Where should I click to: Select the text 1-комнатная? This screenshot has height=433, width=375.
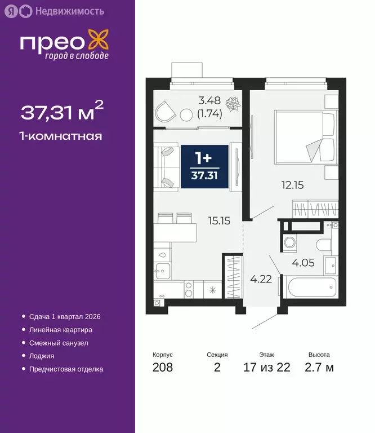click(x=61, y=136)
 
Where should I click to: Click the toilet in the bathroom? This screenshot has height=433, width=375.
click(x=324, y=244)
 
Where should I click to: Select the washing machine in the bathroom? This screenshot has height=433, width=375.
click(x=291, y=244)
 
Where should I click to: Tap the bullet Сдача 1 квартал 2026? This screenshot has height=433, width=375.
click(x=61, y=317)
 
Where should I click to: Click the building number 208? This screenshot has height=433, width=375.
click(x=162, y=368)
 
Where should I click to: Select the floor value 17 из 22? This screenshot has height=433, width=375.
click(x=267, y=368)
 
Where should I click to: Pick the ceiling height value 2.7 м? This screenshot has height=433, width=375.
click(x=319, y=368)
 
